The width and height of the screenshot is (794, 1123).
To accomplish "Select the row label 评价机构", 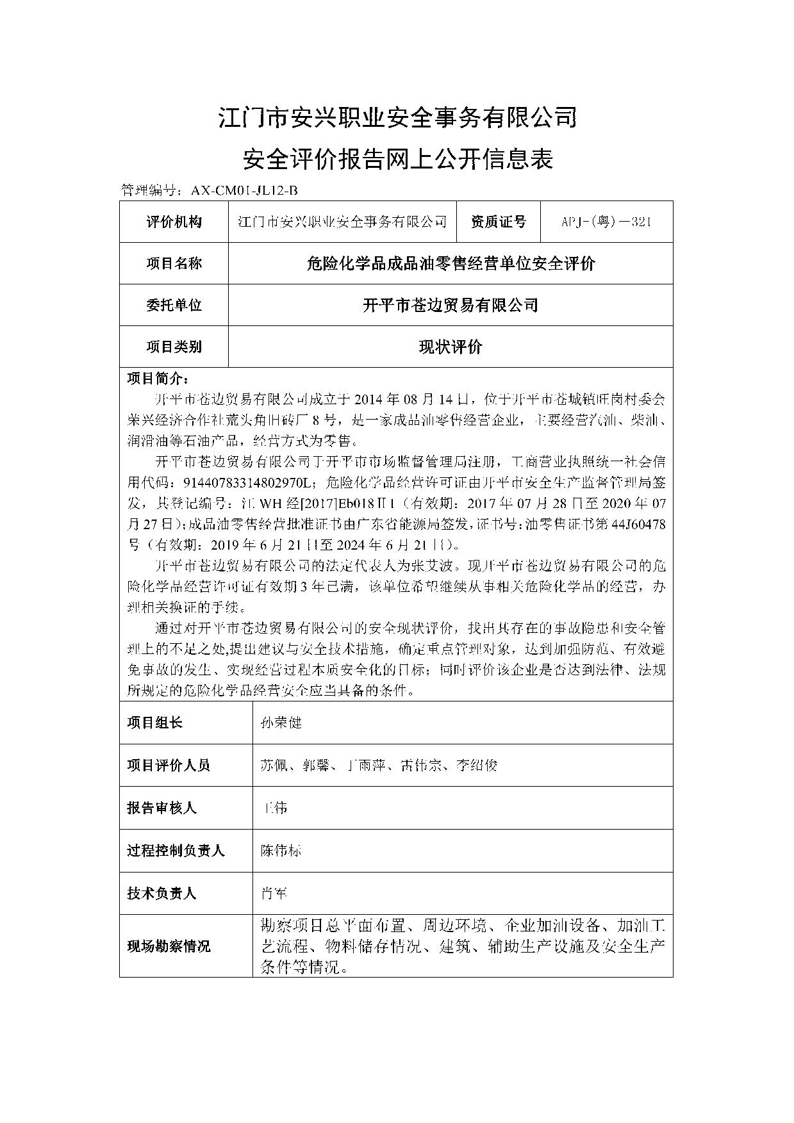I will pos(174,222).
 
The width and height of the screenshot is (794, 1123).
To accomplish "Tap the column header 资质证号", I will pos(498,222).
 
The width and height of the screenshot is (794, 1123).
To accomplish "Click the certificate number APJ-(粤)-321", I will pos(606,222).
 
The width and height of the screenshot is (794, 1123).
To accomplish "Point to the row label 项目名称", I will pos(174,263).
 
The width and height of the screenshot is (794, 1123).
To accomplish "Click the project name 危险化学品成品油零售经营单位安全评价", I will pos(451,263).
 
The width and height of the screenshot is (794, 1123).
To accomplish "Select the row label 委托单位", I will pos(174,305).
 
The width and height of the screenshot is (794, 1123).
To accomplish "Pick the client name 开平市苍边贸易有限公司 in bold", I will pos(451,305).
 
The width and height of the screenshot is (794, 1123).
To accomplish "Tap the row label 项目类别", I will pos(174,347).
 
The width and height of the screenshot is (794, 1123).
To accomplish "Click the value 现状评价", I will pos(451,347).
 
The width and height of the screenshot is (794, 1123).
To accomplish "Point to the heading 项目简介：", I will pos(158,379).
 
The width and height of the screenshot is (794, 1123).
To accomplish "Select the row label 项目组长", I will pos(155,723).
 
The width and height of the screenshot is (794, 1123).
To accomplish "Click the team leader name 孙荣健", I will pos(281,723).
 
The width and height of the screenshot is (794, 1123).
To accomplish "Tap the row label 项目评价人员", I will pos(169,765).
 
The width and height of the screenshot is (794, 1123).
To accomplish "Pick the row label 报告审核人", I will pos(161,808).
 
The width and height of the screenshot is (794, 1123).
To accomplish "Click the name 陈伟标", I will pos(281,851).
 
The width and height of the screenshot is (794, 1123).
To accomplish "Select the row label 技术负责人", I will pos(161,893).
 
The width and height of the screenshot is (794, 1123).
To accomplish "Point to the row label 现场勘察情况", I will pos(169,946).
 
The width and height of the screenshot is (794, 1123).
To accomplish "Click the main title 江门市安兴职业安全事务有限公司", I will pos(397,118).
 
